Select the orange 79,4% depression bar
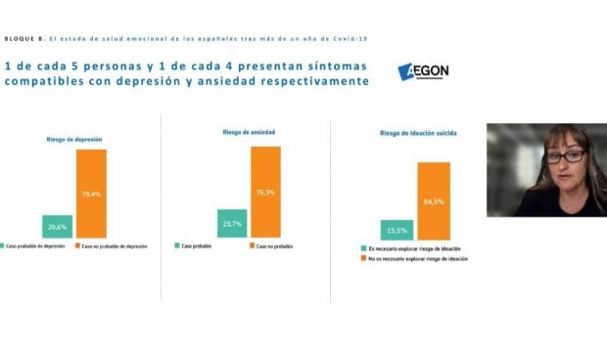click(91, 193)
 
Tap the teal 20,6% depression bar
click(58, 226)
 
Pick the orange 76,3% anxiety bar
click(264, 192)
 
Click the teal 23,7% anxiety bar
click(232, 223)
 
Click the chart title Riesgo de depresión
click(74, 140)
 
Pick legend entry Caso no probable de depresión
click(116, 246)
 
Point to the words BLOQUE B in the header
click(24, 38)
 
